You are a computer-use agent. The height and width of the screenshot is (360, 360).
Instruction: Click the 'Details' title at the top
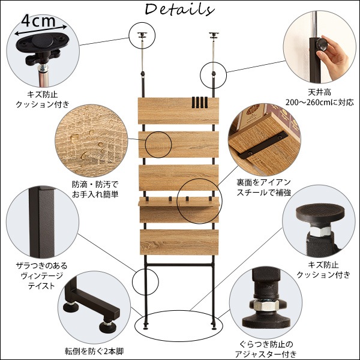(x=179, y=10)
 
